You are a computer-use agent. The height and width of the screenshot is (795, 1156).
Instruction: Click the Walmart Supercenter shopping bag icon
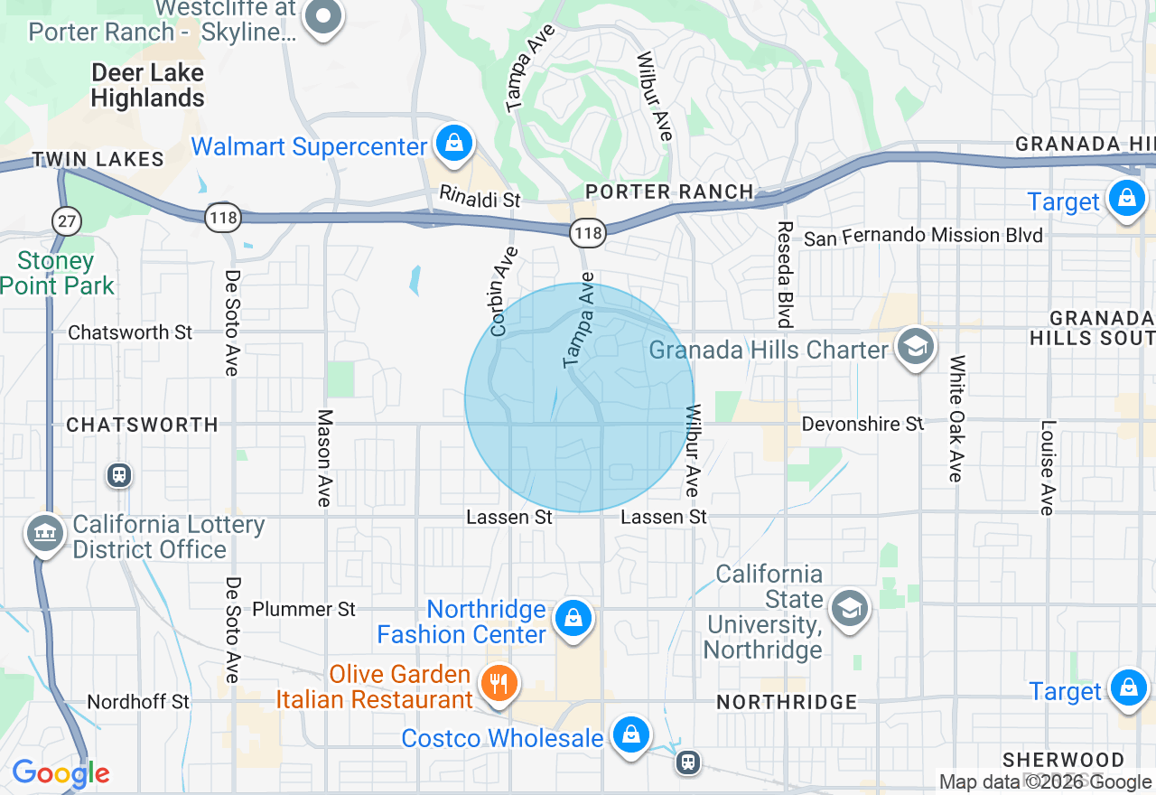(453, 144)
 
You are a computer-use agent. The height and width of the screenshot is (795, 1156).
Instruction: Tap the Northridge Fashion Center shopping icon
(573, 619)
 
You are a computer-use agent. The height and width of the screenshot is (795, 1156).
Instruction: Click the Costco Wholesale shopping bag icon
(630, 735)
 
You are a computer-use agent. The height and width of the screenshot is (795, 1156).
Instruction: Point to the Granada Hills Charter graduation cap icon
(915, 346)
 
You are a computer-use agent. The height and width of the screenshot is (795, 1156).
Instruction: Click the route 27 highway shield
(67, 220)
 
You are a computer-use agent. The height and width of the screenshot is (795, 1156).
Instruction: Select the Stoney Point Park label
(57, 274)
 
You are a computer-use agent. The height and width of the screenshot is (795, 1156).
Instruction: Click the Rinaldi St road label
(480, 197)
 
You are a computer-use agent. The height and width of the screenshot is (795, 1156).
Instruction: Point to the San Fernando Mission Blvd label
(923, 237)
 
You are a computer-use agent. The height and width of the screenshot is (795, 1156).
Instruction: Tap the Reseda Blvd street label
(784, 274)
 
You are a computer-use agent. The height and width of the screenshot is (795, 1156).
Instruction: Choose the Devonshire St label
(862, 424)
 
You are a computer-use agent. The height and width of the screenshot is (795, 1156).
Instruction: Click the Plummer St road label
(303, 609)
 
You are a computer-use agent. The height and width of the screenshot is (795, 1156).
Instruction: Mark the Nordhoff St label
(138, 702)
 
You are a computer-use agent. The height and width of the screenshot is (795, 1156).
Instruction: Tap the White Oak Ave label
(956, 418)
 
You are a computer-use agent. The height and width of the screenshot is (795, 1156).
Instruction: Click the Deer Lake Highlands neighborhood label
(148, 85)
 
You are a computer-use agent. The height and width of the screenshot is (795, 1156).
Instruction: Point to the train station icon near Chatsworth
(118, 475)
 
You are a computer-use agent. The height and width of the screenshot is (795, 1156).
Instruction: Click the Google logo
(61, 773)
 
